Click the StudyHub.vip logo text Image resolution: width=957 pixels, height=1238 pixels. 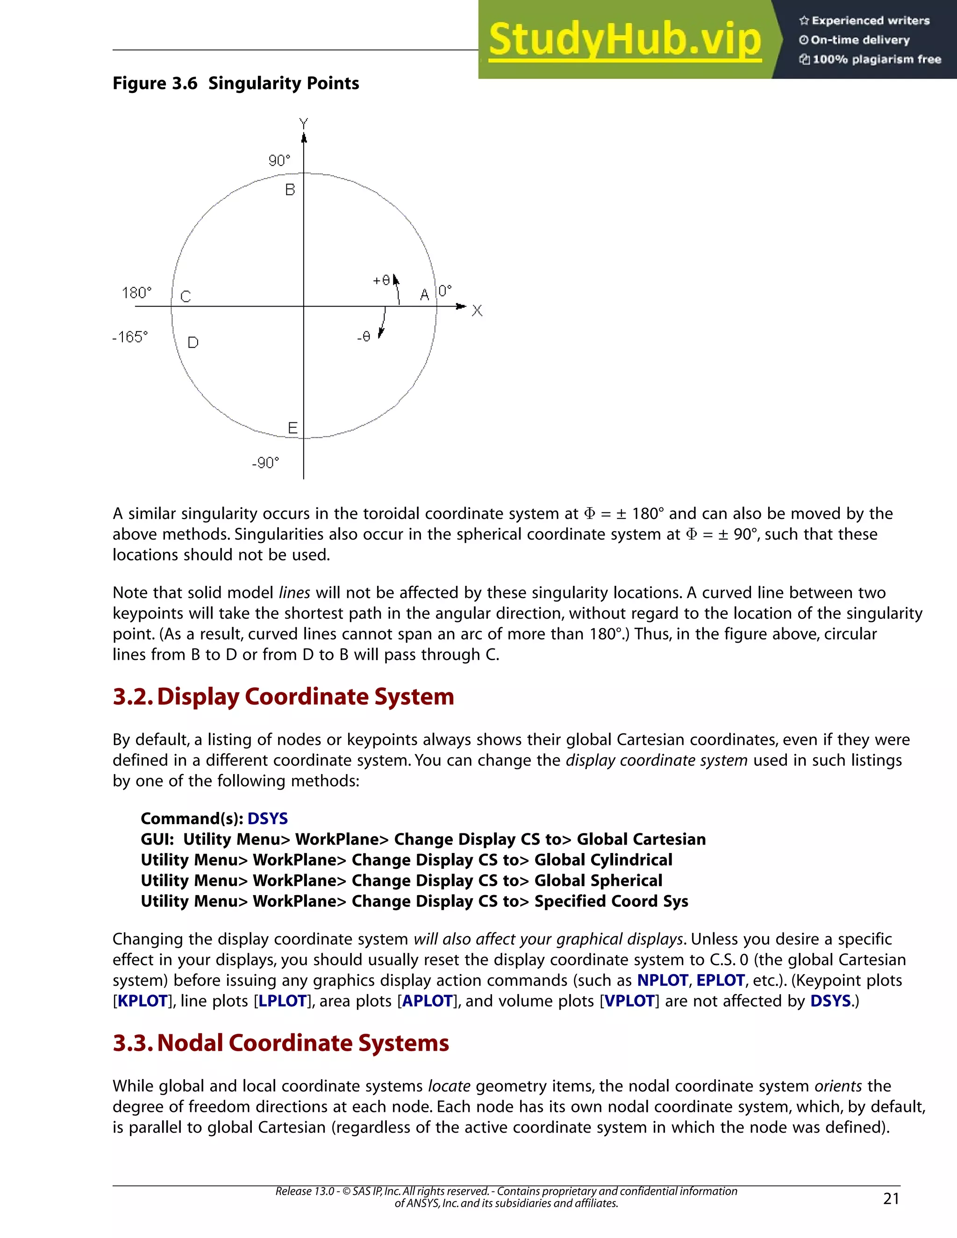[x=624, y=40]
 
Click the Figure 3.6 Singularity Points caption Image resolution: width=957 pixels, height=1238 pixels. [x=236, y=83]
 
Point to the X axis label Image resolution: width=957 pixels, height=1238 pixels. [x=477, y=311]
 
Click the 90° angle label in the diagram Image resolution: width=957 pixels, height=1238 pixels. [x=279, y=161]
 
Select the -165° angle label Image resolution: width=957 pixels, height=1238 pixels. [x=130, y=337]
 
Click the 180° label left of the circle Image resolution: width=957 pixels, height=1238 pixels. [x=136, y=293]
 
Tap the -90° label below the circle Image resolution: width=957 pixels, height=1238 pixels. [x=265, y=463]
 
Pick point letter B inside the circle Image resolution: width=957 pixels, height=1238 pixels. [x=290, y=190]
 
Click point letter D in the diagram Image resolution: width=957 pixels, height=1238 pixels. [x=193, y=342]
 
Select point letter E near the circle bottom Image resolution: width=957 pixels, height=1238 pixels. [x=293, y=428]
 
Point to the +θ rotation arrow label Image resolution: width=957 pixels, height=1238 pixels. [x=382, y=280]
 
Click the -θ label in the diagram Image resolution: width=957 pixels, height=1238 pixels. [x=364, y=337]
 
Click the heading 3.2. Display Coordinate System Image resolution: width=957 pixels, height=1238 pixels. [x=283, y=697]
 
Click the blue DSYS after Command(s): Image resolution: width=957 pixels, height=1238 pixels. [x=268, y=818]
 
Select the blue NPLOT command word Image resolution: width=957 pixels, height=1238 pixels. [x=662, y=980]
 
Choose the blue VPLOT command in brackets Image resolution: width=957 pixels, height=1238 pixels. [x=629, y=1001]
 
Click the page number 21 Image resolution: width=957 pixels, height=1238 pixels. [x=891, y=1198]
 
